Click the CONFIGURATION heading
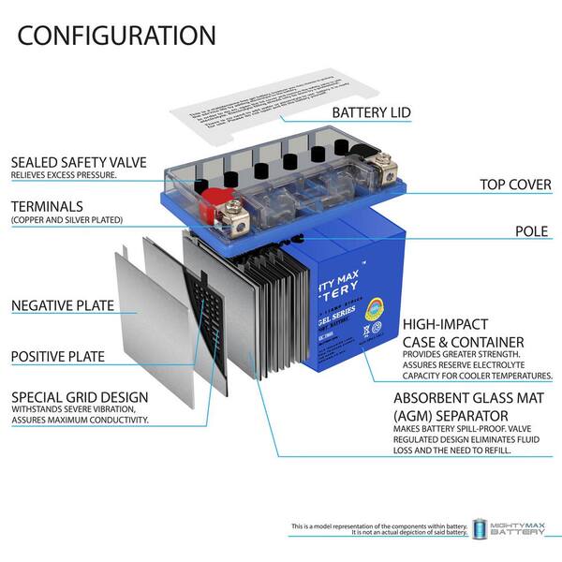click(116, 36)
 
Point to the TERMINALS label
click(47, 205)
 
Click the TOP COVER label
click(515, 185)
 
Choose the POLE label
click(532, 229)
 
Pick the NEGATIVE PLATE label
click(62, 305)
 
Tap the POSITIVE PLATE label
click(57, 356)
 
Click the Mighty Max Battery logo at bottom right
click(513, 529)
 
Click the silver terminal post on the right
click(380, 174)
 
